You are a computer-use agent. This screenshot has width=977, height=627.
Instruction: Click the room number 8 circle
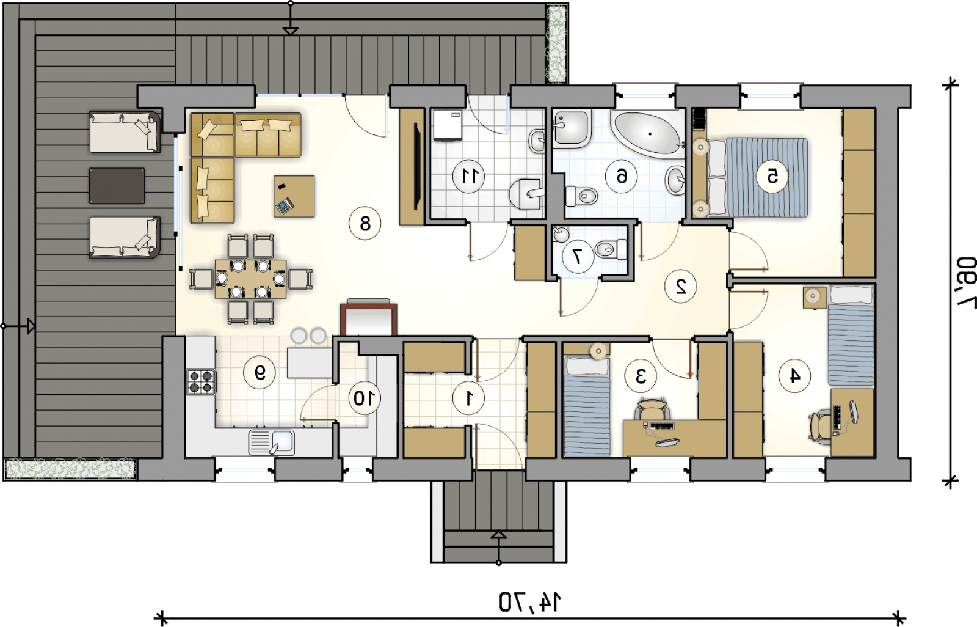[x=365, y=224]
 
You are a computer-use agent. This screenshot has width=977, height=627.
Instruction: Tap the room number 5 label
[x=772, y=177]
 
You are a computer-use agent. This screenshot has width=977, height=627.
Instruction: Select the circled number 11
[x=468, y=177]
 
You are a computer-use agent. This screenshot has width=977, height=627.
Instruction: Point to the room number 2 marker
[x=680, y=286]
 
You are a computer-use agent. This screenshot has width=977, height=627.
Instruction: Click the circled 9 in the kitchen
[x=260, y=372]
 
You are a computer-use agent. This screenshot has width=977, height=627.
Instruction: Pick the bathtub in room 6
[x=647, y=133]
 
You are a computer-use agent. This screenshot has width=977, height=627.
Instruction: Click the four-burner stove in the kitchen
[x=201, y=381]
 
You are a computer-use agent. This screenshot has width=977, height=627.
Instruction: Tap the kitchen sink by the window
[x=271, y=442]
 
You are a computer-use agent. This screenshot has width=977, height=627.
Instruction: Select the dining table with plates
[x=251, y=279]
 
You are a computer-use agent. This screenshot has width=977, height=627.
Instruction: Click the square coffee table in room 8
[x=294, y=197]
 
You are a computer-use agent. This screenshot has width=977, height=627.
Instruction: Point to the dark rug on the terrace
[x=117, y=186]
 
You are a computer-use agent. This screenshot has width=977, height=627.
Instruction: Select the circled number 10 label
[x=365, y=398]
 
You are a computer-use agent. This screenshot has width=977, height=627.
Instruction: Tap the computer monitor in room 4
[x=853, y=411]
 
